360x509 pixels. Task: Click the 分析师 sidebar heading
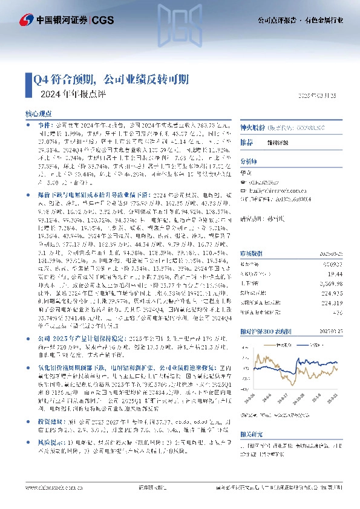[249, 161]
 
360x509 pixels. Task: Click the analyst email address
[278, 188]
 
